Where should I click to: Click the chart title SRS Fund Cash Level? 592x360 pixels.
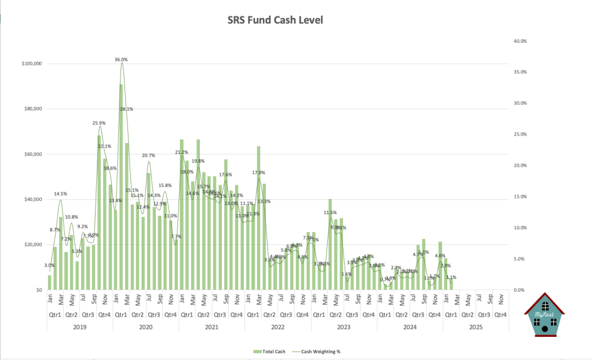coord(275,20)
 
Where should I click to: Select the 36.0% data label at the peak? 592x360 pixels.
coord(121,60)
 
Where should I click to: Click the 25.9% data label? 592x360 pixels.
coord(99,123)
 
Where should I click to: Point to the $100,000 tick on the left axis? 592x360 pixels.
coord(30,64)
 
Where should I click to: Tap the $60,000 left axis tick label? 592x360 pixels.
coord(31,155)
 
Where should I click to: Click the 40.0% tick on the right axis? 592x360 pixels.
coord(520,41)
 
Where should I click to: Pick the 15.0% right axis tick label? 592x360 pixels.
coord(520,197)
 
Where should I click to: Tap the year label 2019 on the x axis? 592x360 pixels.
coord(79,327)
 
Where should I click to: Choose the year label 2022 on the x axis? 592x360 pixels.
coord(277,327)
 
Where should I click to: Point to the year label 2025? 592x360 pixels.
coord(476,327)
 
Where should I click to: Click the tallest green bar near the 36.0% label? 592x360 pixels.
coord(121,185)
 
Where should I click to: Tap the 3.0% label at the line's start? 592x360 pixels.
coord(50,265)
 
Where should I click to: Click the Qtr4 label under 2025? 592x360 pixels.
coord(500,315)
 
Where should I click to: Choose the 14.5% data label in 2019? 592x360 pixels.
coord(60,193)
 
